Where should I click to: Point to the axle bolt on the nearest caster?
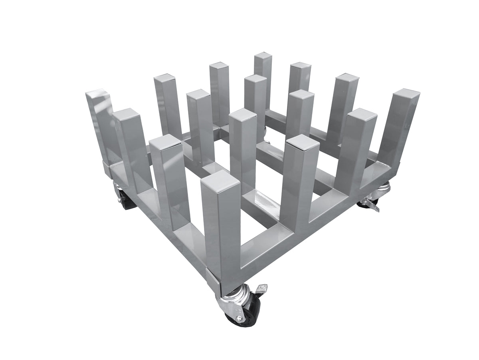pyautogui.click(x=239, y=318)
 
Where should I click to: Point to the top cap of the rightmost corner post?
pyautogui.click(x=406, y=94)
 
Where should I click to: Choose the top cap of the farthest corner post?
pyautogui.click(x=263, y=56)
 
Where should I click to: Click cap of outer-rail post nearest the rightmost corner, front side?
pyautogui.click(x=362, y=113)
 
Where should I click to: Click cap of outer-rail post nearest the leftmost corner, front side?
pyautogui.click(x=126, y=113)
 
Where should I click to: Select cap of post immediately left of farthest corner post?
pyautogui.click(x=219, y=66)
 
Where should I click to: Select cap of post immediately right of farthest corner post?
pyautogui.click(x=301, y=66)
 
